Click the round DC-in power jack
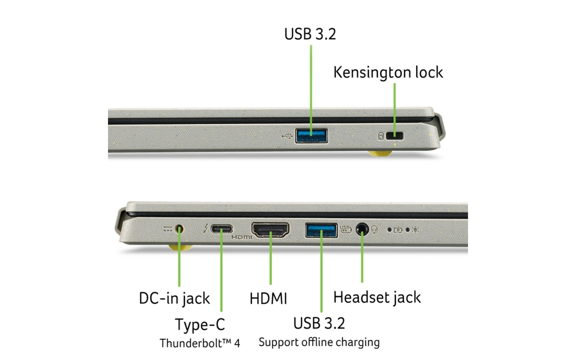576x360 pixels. pos(180,229)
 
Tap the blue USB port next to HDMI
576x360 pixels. pos(321,229)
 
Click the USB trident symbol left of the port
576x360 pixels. pos(286,136)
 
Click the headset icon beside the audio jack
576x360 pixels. pos(374,229)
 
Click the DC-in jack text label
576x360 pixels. pos(174,298)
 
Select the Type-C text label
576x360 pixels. pos(200,325)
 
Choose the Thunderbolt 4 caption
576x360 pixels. pos(200,343)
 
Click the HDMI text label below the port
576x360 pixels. pos(268,298)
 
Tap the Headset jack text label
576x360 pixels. pos(377,297)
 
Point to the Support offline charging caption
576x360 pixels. pos(319,342)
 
